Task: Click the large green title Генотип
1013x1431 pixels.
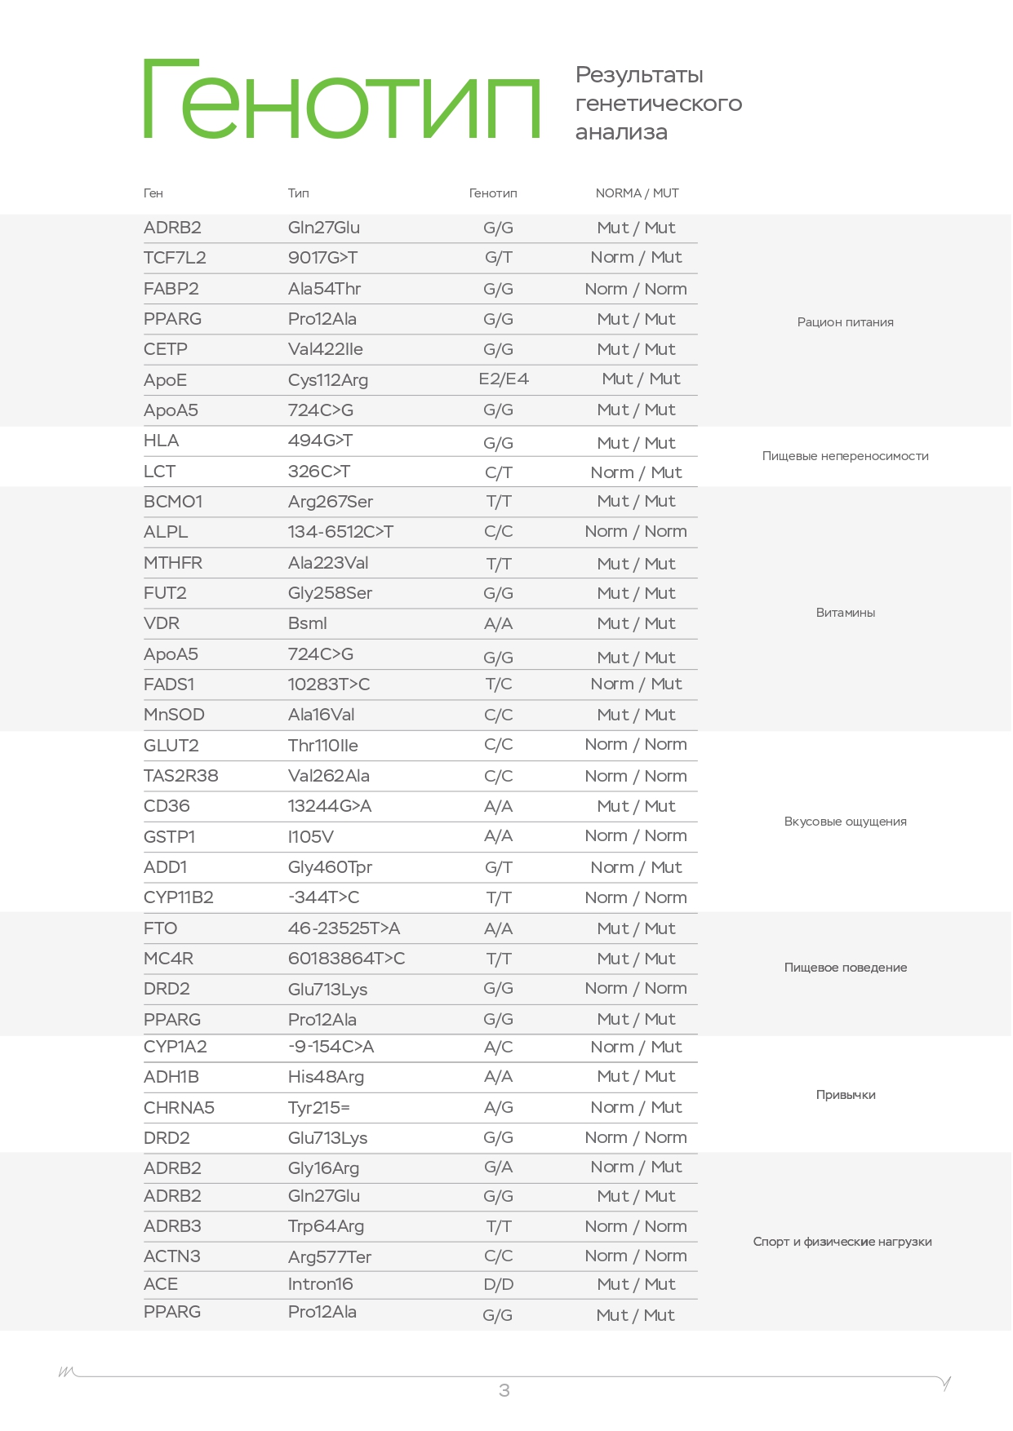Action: pyautogui.click(x=342, y=100)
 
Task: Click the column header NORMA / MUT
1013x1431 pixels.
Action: pyautogui.click(x=637, y=193)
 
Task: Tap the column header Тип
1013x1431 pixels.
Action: pyautogui.click(x=298, y=193)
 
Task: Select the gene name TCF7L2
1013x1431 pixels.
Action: pyautogui.click(x=175, y=258)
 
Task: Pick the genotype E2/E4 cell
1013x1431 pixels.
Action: pyautogui.click(x=504, y=379)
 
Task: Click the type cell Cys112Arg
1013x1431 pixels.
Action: pyautogui.click(x=327, y=380)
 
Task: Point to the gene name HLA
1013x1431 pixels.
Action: pyautogui.click(x=161, y=441)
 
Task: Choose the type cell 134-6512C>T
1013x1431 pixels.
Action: pyautogui.click(x=340, y=532)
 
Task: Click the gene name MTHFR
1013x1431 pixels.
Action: pyautogui.click(x=172, y=563)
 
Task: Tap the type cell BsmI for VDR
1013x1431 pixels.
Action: pyautogui.click(x=307, y=623)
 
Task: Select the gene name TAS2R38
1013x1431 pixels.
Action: pyautogui.click(x=180, y=776)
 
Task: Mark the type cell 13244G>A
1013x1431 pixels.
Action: pyautogui.click(x=329, y=806)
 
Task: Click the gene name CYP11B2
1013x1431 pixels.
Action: pyautogui.click(x=178, y=897)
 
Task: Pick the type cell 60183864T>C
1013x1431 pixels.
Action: pyautogui.click(x=346, y=959)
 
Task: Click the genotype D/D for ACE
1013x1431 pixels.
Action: pyautogui.click(x=498, y=1284)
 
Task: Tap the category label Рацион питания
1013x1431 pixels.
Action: pyautogui.click(x=845, y=322)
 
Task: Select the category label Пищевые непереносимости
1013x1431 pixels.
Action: pyautogui.click(x=845, y=456)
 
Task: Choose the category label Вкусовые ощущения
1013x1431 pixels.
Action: pyautogui.click(x=845, y=822)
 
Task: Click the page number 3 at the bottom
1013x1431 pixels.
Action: pyautogui.click(x=504, y=1390)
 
